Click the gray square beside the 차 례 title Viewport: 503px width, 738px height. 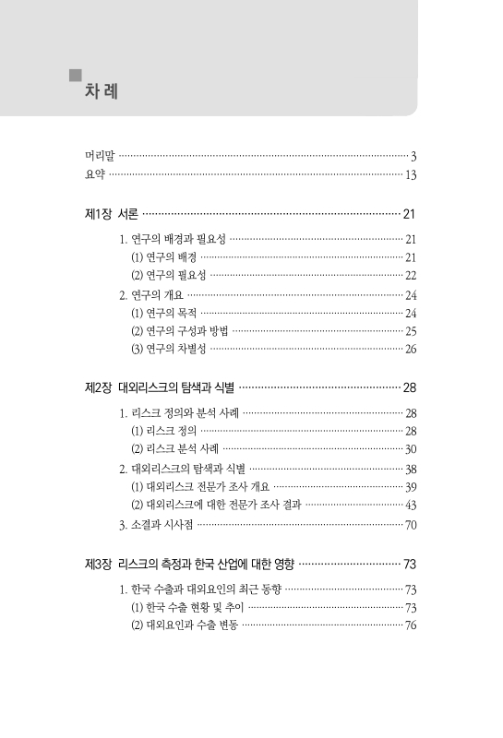click(x=76, y=75)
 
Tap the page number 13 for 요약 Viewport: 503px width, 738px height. click(x=412, y=174)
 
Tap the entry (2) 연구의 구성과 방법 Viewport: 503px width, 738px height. click(x=180, y=330)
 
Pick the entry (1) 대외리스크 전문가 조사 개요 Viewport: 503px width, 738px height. click(x=199, y=486)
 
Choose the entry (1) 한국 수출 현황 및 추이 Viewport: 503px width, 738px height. click(x=188, y=607)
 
